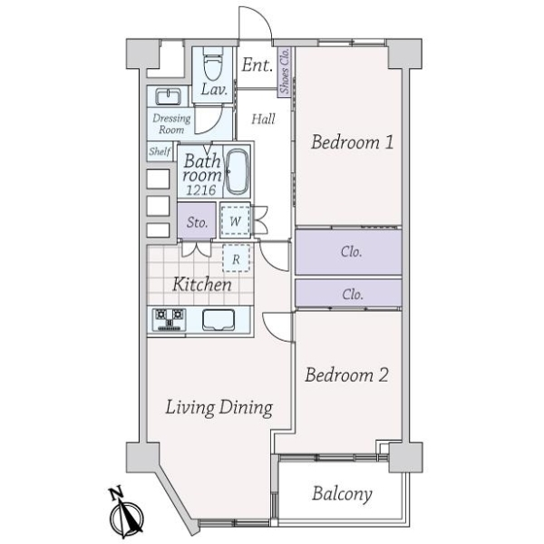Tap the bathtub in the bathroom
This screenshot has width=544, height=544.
(x=238, y=172)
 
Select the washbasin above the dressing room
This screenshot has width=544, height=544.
(x=168, y=96)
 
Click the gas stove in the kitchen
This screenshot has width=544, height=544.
(x=169, y=319)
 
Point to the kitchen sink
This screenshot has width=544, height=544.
(x=219, y=319)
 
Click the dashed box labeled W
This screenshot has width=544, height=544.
(x=235, y=221)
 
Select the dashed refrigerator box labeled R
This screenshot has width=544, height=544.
(x=236, y=258)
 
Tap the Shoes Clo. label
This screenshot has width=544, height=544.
(x=285, y=71)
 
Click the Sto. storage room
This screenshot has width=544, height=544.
(x=197, y=221)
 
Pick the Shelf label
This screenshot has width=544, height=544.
(x=160, y=151)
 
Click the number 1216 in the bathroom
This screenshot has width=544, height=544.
(x=201, y=189)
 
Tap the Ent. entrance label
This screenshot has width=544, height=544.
(x=257, y=65)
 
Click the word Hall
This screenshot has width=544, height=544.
(x=263, y=119)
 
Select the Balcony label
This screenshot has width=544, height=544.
(x=342, y=493)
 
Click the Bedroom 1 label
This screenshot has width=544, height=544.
(x=352, y=142)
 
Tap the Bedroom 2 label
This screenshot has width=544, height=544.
(x=346, y=374)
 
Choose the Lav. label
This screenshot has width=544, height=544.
(x=214, y=90)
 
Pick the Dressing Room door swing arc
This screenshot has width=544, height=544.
(x=213, y=125)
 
